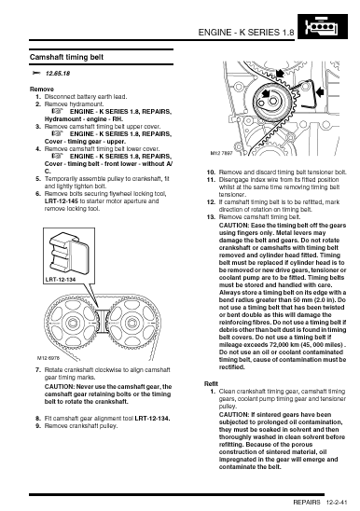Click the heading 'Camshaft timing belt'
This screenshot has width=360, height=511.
66,57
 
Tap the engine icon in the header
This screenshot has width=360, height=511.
322,26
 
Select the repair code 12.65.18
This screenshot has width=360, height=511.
58,74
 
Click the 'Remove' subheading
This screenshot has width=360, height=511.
42,89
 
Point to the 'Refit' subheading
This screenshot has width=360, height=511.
211,383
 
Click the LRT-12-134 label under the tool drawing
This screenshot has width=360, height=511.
61,280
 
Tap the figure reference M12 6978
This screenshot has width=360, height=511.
48,358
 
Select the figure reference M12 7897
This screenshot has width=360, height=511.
221,153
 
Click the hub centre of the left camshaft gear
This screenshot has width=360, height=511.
72,324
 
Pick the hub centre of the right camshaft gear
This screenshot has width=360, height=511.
132,324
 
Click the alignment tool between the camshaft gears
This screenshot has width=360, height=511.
103,321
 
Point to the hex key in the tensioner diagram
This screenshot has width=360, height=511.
307,94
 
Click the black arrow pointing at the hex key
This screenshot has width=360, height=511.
321,92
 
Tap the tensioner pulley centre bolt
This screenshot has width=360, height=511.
273,102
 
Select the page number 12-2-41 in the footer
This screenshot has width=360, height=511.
337,503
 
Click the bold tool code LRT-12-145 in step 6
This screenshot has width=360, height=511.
62,201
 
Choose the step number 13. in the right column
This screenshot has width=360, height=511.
212,217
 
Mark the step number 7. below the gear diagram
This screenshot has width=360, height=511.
38,370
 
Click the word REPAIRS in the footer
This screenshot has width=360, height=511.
307,503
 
